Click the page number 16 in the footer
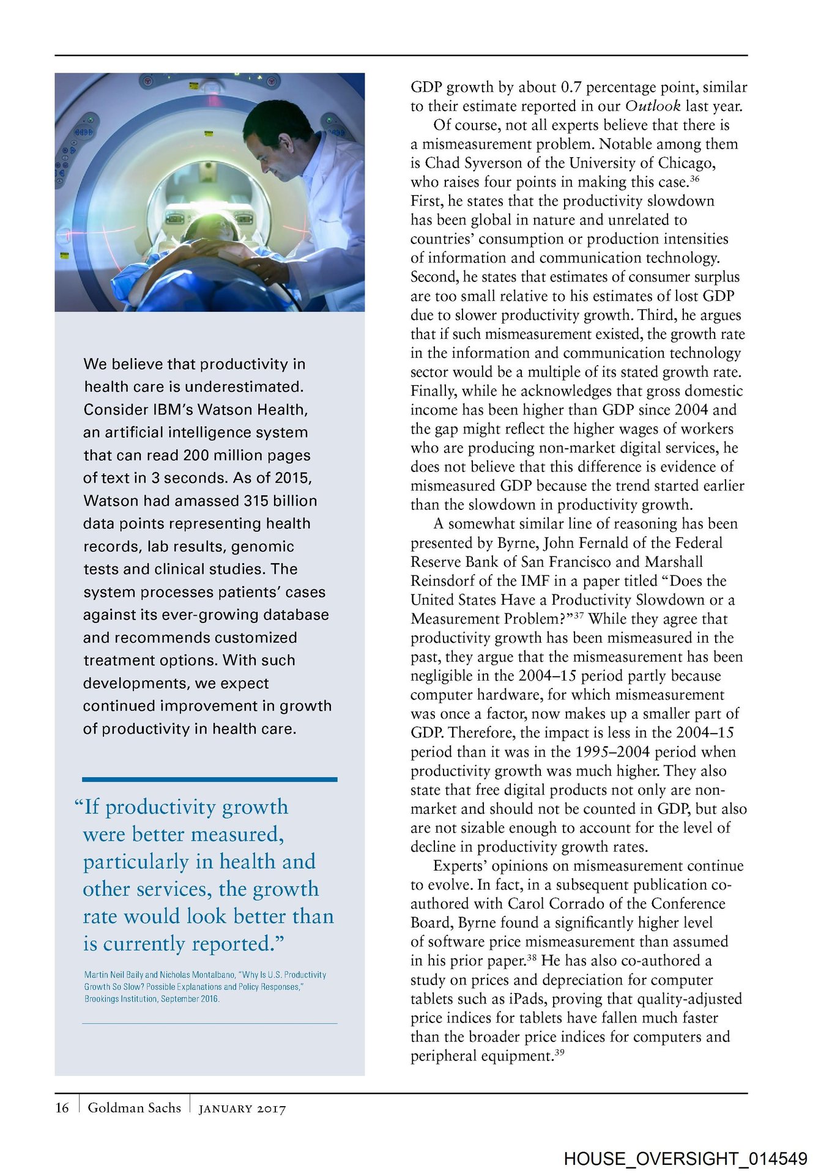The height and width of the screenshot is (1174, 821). coord(62,1107)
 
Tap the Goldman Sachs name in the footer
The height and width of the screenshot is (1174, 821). coord(134,1107)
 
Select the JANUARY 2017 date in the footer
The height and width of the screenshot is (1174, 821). coord(242,1109)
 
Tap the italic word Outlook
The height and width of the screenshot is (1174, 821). coord(653,106)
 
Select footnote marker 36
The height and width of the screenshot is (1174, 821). coord(694,179)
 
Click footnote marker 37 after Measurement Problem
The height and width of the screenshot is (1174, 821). coord(578,616)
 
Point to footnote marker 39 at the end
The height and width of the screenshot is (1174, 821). coord(559,1052)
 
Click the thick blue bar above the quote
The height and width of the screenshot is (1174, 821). coord(209,779)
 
